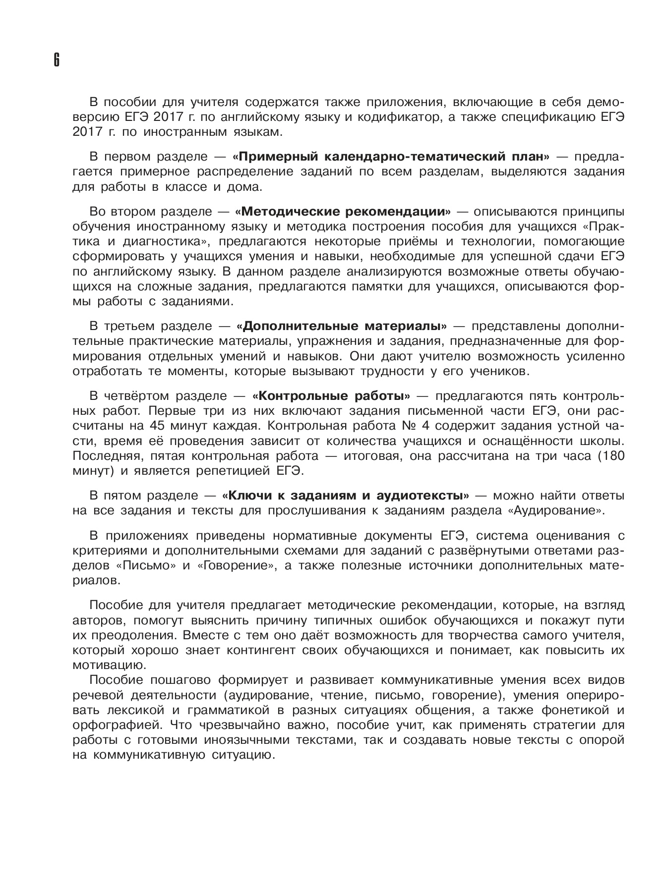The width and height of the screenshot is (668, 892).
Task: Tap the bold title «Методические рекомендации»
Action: click(344, 212)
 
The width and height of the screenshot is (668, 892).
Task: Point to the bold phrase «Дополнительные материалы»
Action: click(342, 327)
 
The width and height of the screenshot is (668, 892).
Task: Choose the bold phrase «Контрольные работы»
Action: click(331, 396)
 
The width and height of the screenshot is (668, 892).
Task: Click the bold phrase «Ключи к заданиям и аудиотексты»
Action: click(346, 496)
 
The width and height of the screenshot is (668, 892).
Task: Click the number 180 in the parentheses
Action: click(611, 455)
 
